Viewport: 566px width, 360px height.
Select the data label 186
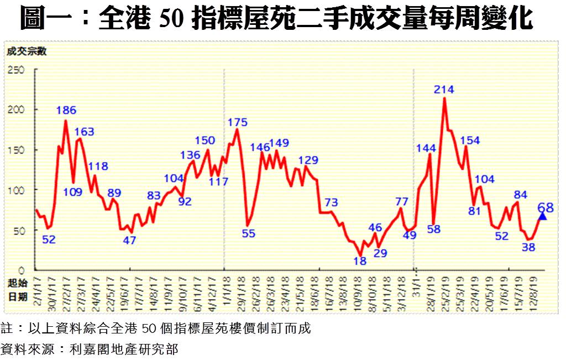[x=66, y=109]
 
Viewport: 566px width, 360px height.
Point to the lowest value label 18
[x=360, y=261]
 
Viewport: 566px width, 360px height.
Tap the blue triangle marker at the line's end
[x=542, y=216]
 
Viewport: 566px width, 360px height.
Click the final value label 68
[x=545, y=207]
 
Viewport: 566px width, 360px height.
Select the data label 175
[x=237, y=122]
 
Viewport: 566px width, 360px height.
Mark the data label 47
[x=129, y=241]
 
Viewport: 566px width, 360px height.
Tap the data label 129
[x=308, y=160]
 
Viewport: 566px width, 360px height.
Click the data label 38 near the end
[x=528, y=247]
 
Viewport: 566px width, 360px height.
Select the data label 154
[x=470, y=139]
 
